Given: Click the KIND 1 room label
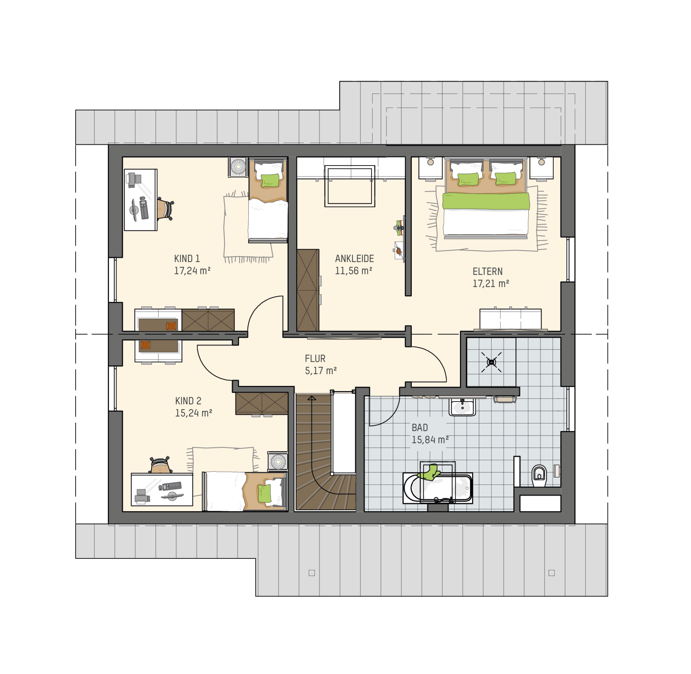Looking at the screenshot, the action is (x=187, y=259).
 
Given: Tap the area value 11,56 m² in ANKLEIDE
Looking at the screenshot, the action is (x=353, y=271).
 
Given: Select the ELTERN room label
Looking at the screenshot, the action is (x=487, y=271).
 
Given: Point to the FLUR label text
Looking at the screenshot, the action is (x=315, y=359).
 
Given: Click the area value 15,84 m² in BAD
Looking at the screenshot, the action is (x=430, y=440).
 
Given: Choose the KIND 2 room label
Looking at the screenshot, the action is (x=188, y=401).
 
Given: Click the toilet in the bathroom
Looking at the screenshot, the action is (x=539, y=476).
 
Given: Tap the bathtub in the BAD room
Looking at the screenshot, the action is (x=438, y=488).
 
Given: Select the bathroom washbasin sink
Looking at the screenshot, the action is (x=462, y=407).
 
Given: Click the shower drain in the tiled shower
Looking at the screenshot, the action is (x=491, y=362).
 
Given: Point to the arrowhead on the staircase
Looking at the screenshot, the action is (x=312, y=398).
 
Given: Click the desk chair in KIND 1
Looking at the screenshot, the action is (x=165, y=210).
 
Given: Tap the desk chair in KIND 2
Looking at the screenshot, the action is (x=161, y=465).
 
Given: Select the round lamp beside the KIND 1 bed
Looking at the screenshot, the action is (x=238, y=167).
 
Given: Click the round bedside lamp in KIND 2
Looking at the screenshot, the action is (x=278, y=461).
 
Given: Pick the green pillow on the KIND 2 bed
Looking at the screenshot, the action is (x=265, y=494).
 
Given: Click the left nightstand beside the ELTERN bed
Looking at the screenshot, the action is (x=430, y=168).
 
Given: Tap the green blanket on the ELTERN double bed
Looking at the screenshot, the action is (x=486, y=201).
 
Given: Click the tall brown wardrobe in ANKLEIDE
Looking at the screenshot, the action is (x=308, y=290).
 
